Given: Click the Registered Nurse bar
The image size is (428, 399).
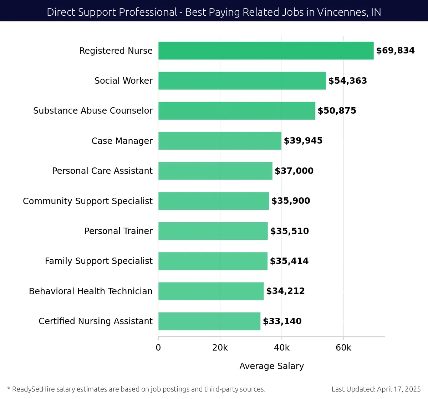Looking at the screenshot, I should click(266, 51).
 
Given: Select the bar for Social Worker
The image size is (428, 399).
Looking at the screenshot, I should click(242, 81).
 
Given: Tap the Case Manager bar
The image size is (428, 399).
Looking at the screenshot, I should click(220, 141).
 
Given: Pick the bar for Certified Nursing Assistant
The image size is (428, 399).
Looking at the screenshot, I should click(209, 321).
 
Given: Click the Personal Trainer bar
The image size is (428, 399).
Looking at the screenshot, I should click(213, 231).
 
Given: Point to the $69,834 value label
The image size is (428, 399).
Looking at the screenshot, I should click(395, 51).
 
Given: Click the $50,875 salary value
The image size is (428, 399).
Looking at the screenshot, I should click(337, 111).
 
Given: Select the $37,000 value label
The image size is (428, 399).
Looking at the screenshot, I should click(294, 171).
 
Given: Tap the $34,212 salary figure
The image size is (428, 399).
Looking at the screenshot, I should click(285, 291).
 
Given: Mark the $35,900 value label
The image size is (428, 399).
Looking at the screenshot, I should click(291, 201).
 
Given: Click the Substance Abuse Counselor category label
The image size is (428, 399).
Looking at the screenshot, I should click(93, 111).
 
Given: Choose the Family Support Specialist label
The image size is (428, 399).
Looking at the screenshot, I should click(98, 261).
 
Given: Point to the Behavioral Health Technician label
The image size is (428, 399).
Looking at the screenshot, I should click(91, 291).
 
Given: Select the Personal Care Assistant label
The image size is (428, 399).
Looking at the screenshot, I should click(102, 171).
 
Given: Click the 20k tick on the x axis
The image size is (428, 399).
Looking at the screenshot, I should click(220, 348).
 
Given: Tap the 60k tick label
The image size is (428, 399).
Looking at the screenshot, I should click(343, 348).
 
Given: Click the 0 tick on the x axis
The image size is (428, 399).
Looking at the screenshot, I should click(158, 348).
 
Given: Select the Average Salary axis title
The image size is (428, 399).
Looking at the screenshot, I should click(271, 366).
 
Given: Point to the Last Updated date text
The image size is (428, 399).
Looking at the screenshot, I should click(376, 389).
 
